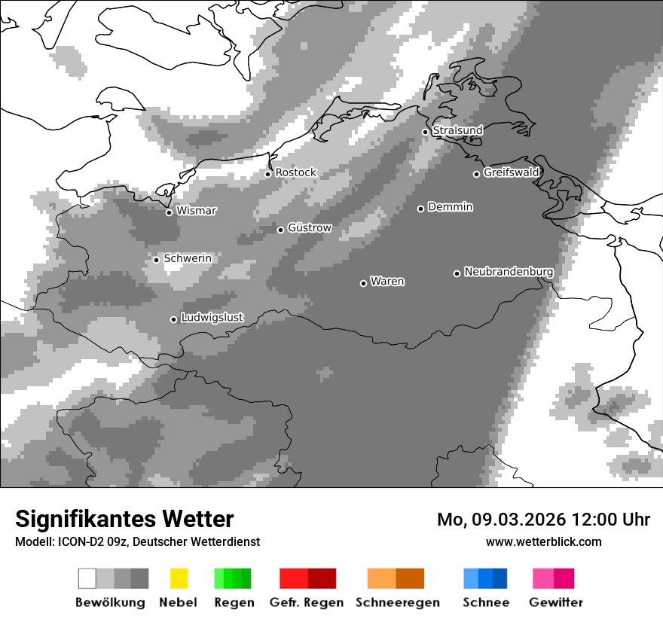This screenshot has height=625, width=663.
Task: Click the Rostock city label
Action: (295, 172)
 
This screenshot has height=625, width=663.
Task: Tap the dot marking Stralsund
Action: (425, 132)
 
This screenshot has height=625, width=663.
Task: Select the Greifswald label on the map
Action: (511, 172)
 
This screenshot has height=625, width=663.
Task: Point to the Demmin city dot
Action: (421, 209)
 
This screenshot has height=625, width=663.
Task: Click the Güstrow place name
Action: (309, 227)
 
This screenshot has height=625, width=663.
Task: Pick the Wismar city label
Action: (196, 211)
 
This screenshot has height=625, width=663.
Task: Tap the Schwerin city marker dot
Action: (156, 260)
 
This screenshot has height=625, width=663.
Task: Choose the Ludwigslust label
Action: (212, 318)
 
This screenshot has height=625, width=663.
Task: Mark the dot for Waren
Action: (363, 283)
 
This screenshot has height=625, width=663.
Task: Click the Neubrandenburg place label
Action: (509, 272)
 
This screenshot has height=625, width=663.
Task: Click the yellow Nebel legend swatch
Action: (179, 578)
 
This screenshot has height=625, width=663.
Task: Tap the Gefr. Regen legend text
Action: (307, 602)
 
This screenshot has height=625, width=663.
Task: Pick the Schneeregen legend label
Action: (397, 602)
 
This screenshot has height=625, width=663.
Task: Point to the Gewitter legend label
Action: (556, 602)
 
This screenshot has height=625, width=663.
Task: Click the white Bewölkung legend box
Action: (87, 578)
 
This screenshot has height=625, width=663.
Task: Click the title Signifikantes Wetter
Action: (124, 519)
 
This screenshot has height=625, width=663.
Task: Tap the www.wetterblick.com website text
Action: (543, 541)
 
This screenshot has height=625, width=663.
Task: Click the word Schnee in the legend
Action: (486, 602)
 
